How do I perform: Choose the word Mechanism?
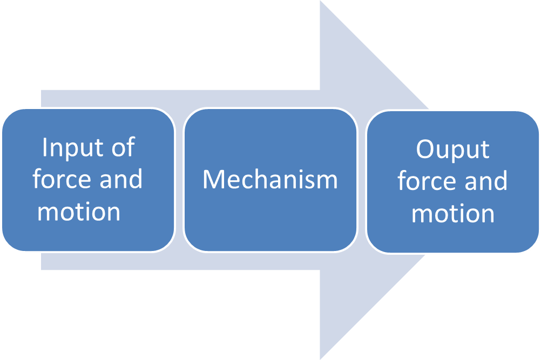pyautogui.click(x=270, y=180)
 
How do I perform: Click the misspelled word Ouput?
pyautogui.click(x=452, y=150)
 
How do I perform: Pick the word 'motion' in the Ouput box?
pyautogui.click(x=453, y=214)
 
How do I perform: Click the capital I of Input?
pyautogui.click(x=45, y=147)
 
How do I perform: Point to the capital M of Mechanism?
pyautogui.click(x=212, y=180)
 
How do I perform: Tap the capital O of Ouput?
pyautogui.click(x=424, y=150)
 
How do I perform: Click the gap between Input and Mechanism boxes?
pyautogui.click(x=179, y=180)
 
